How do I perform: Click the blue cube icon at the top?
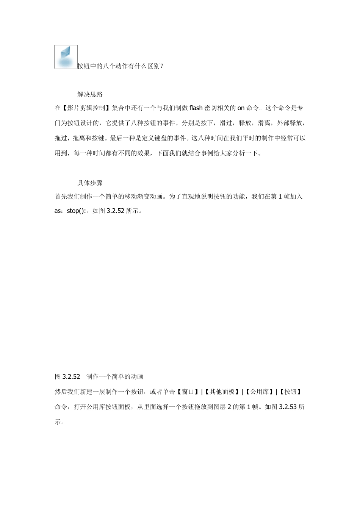click(66, 57)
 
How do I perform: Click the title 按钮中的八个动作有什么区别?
click(120, 66)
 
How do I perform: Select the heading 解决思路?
click(90, 94)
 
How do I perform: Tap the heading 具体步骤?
click(90, 183)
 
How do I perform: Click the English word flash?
click(196, 108)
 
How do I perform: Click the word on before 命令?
click(241, 108)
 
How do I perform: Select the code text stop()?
click(78, 211)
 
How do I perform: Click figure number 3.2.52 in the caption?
click(71, 376)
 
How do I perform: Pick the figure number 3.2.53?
click(288, 407)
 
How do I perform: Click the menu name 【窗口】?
click(188, 392)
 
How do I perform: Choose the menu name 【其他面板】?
click(222, 392)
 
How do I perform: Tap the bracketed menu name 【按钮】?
click(291, 392)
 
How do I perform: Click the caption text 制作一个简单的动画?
click(115, 376)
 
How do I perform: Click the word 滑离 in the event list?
click(264, 123)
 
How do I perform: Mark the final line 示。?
click(59, 422)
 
